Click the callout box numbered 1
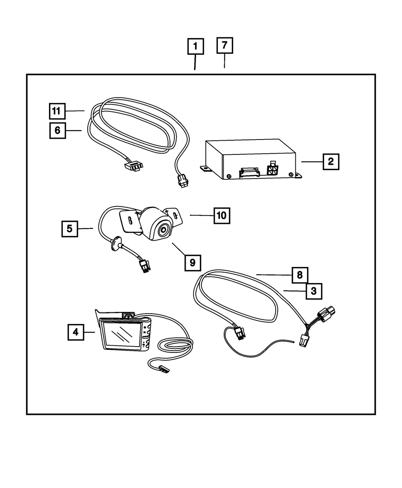195,47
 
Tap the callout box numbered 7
224,45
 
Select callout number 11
57,111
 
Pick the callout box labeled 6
57,131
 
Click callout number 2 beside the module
330,162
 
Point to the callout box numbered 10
222,215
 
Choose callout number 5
70,229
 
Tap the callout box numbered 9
193,262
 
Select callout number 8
300,275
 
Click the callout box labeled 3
314,291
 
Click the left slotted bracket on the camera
129,221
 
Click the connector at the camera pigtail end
144,267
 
